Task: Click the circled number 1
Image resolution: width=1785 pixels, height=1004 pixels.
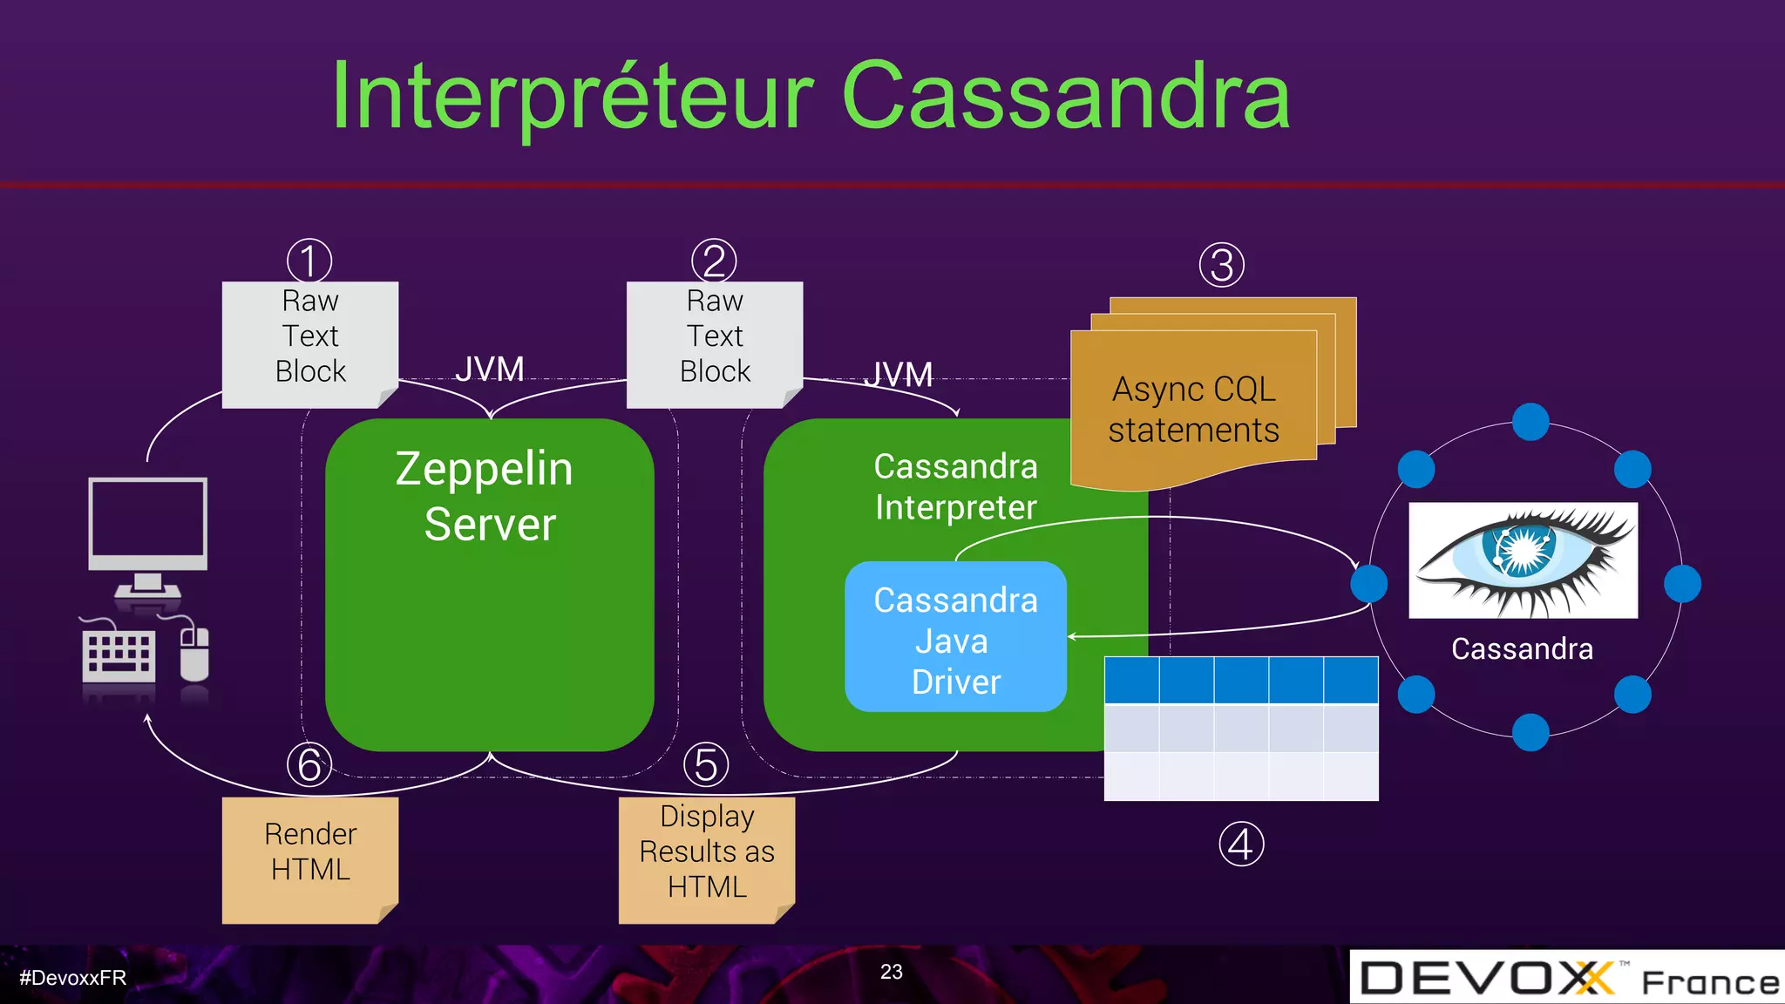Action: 309,261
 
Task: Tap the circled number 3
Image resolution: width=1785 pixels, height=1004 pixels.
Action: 1221,265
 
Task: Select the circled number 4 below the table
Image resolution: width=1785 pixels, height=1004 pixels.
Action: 1241,844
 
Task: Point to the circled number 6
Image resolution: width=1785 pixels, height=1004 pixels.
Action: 309,764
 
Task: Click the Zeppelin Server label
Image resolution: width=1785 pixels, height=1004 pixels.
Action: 486,496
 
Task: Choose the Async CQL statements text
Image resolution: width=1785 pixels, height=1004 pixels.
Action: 1193,410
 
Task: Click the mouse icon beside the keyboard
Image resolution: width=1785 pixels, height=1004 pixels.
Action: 194,654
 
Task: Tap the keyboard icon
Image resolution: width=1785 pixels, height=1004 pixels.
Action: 119,655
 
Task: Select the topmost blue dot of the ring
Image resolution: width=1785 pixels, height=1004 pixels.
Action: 1530,422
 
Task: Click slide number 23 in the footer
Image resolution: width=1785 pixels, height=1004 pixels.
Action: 891,972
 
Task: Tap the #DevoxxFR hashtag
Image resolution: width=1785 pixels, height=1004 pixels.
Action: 73,978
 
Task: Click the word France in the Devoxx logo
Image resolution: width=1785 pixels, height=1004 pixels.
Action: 1709,983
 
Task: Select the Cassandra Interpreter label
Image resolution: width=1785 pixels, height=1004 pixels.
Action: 955,486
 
